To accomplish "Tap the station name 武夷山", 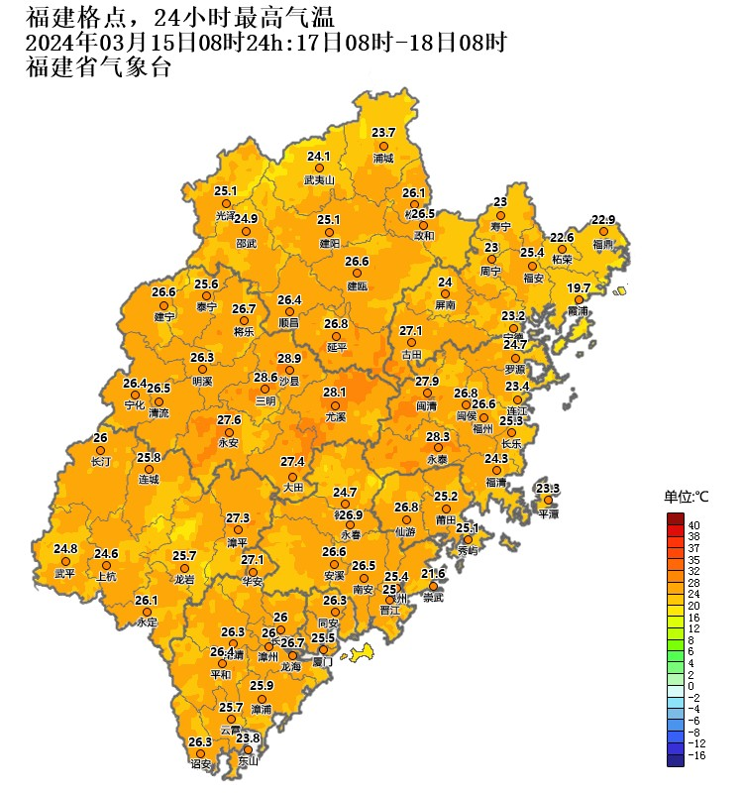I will coord(319,180).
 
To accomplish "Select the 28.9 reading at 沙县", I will coord(288,358).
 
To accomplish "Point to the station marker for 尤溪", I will coord(336,404).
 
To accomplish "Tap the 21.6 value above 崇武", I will coord(433,574).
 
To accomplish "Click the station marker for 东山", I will coord(248,749).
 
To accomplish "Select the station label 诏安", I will coord(201,764).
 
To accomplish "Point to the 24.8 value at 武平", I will coord(65,548).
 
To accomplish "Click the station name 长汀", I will coord(100,462).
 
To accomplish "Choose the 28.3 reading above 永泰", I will coord(438,436).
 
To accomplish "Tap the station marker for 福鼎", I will coord(603,231).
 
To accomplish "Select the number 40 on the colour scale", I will coord(693,524).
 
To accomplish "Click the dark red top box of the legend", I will coord(675,519).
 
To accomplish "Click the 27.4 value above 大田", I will coord(292,462).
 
